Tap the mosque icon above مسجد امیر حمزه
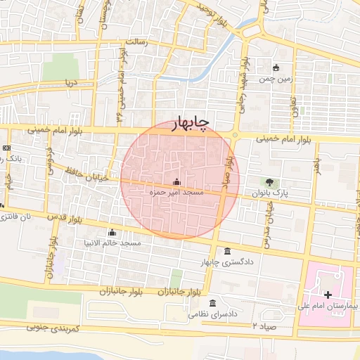pyautogui.click(x=176, y=181)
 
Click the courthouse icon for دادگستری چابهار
pyautogui.click(x=226, y=252)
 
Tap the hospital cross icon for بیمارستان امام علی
pyautogui.click(x=328, y=293)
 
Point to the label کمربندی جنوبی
pyautogui.click(x=54, y=328)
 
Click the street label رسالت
pyautogui.click(x=136, y=42)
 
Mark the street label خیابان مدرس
pyautogui.click(x=268, y=229)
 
